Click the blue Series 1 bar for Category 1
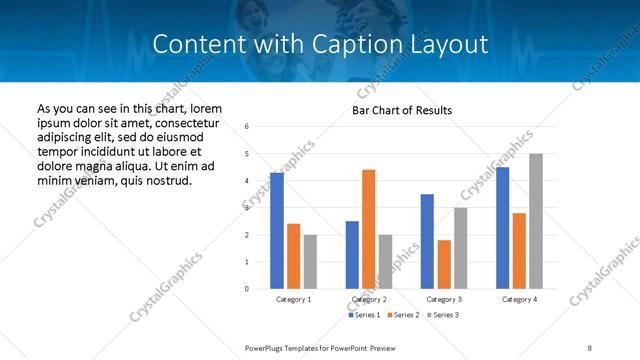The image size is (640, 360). [277, 231]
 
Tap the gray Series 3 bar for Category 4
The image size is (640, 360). [536, 221]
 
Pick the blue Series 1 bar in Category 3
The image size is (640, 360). [427, 241]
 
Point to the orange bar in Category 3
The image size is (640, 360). [444, 264]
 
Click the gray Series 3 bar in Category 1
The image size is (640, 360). [310, 262]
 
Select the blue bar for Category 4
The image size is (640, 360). [502, 228]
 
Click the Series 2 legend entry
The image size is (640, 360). [404, 315]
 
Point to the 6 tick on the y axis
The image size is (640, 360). [247, 127]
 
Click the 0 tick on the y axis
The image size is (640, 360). [247, 289]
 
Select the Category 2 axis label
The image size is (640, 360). [369, 300]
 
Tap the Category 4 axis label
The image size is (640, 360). [519, 300]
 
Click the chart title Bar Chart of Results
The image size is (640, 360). [402, 110]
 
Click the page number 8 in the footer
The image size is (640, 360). [589, 348]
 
